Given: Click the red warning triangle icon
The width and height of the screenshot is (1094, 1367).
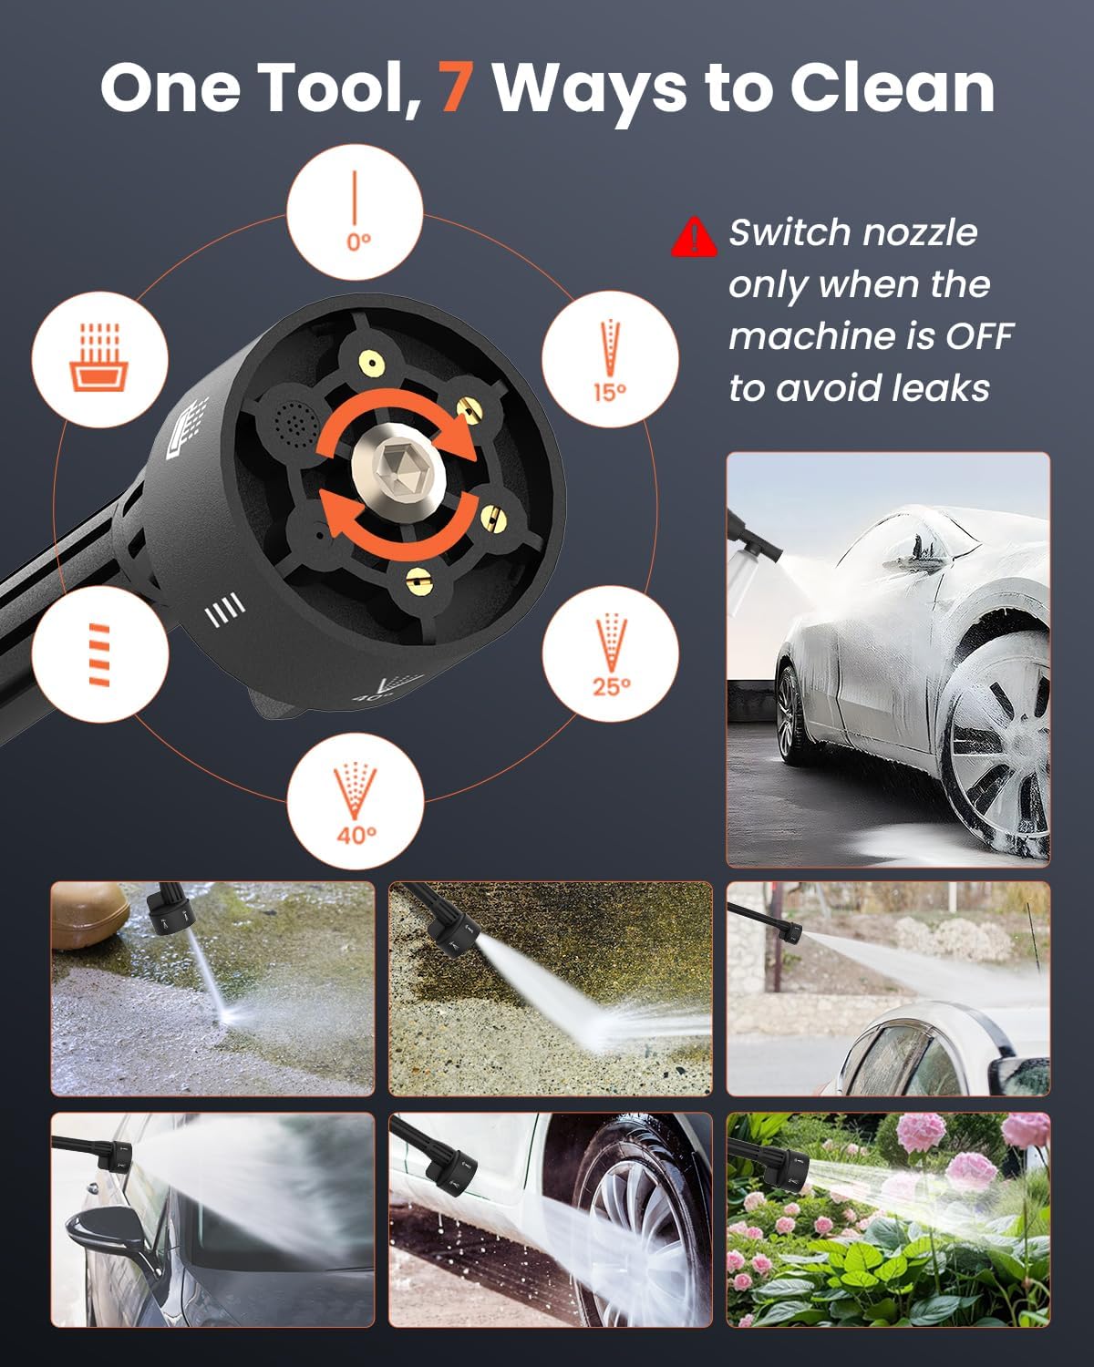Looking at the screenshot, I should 694,237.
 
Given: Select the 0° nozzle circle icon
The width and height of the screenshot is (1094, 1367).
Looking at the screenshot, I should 356,211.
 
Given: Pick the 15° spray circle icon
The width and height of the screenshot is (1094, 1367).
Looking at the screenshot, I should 610,359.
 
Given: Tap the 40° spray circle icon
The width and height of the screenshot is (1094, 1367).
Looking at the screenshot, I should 356,802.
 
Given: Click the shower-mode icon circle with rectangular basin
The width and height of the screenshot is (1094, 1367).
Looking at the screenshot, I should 100,357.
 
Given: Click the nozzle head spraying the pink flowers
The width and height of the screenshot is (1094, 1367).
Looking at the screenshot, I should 784,1167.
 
